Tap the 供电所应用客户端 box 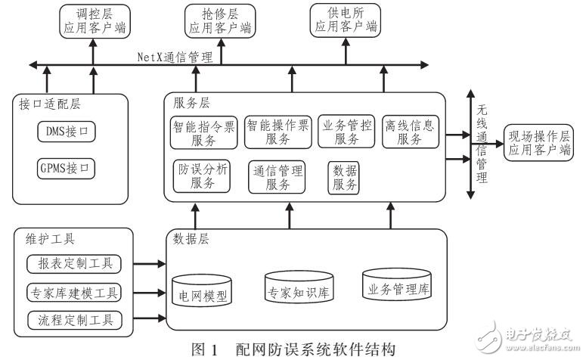(x=345, y=21)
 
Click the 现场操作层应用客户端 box (x=539, y=143)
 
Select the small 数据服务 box (x=344, y=179)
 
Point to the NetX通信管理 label (x=174, y=55)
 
